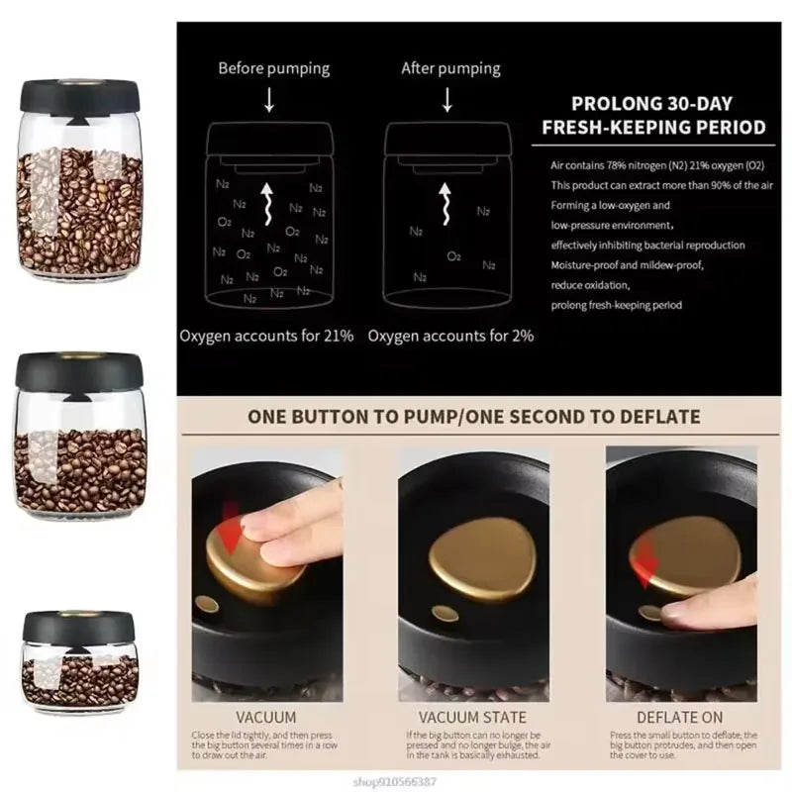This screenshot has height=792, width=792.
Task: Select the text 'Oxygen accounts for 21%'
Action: [266, 336]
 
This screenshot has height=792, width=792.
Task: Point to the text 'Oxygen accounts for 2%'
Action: [450, 336]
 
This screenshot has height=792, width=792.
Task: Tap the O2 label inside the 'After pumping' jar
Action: [453, 255]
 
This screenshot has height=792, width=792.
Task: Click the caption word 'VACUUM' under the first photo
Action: [265, 716]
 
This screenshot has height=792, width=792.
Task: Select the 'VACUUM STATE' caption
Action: [473, 716]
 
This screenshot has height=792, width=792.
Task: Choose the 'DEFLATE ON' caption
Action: [679, 716]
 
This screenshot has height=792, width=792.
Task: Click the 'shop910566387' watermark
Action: [727, 779]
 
